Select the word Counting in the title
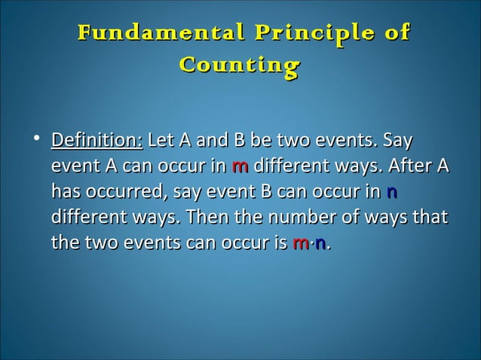(240, 66)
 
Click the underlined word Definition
(97, 141)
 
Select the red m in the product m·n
(299, 244)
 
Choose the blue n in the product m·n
(320, 244)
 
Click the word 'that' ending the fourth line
(430, 218)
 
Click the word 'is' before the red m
(278, 244)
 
